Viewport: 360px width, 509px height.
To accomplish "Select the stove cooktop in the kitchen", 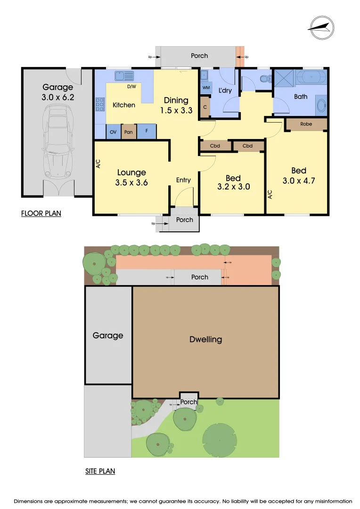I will point(100,104).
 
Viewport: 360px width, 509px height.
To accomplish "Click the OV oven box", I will point(113,132).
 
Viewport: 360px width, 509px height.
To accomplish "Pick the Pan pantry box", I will point(129,132).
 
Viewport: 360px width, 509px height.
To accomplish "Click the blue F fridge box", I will point(147,131).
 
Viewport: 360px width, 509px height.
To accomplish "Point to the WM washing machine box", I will point(206,88).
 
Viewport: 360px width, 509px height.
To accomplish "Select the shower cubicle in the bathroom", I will point(284,78).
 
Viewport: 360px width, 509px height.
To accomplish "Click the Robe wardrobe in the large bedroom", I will point(306,124).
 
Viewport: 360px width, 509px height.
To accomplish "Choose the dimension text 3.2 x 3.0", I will point(233,187).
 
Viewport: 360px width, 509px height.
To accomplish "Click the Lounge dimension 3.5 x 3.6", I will point(131,182).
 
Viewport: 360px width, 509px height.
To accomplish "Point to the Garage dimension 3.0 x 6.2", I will point(58,98).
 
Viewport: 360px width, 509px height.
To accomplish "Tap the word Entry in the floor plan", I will point(183,180).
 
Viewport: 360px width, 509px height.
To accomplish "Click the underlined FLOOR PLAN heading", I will point(41,213).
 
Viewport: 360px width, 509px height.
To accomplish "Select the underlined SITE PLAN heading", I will point(100,471).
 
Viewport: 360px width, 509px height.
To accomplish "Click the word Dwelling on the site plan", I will point(205,339).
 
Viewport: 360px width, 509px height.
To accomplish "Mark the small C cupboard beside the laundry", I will point(205,107).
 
